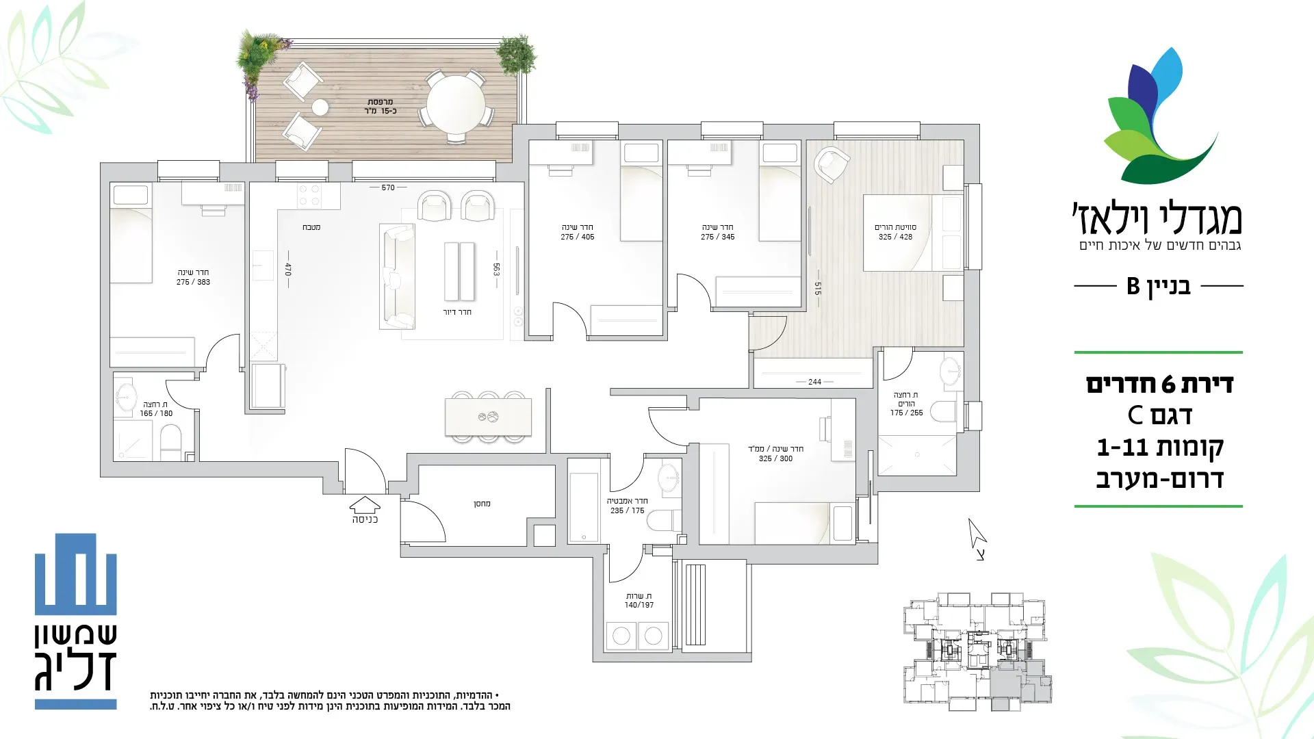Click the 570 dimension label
coord(388,187)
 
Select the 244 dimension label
coord(814,382)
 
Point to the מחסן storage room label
coord(482,504)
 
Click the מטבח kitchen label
coord(311,227)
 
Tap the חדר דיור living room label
coord(457,312)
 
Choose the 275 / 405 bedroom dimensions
coord(578,237)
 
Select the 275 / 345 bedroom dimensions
coord(718,237)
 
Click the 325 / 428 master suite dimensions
coord(895,237)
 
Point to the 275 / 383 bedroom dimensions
coord(193,282)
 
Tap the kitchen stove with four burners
coord(309,196)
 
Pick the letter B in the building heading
coord(1133,285)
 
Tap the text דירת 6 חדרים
coord(1159,385)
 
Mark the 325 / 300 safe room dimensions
coord(775,458)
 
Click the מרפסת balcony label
coord(380,102)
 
